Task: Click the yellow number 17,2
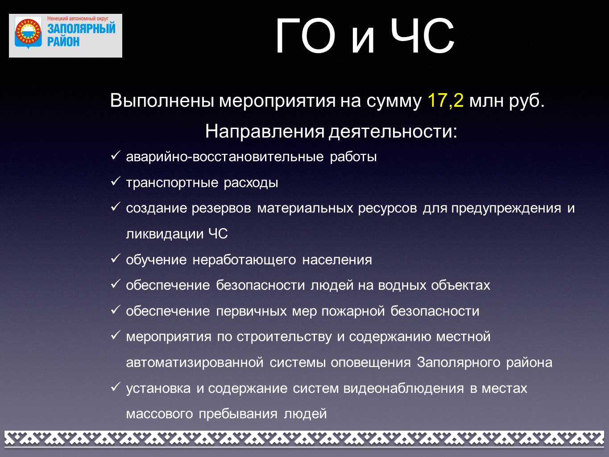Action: [x=446, y=100]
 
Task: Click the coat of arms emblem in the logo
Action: [x=28, y=33]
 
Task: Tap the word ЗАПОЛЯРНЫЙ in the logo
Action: [x=81, y=28]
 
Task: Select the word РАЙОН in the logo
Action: [x=63, y=42]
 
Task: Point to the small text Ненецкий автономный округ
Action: [x=78, y=19]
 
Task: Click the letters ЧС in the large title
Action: [x=423, y=36]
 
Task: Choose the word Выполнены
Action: [x=162, y=100]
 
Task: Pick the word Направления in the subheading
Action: [x=265, y=131]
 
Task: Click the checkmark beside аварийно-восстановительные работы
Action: [x=115, y=155]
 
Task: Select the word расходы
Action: [x=251, y=183]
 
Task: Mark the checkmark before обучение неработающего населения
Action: [x=115, y=258]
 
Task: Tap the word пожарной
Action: [x=353, y=312]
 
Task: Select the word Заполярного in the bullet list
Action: [x=459, y=363]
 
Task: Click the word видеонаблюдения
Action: [x=403, y=388]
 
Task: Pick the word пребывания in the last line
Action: [x=238, y=414]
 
